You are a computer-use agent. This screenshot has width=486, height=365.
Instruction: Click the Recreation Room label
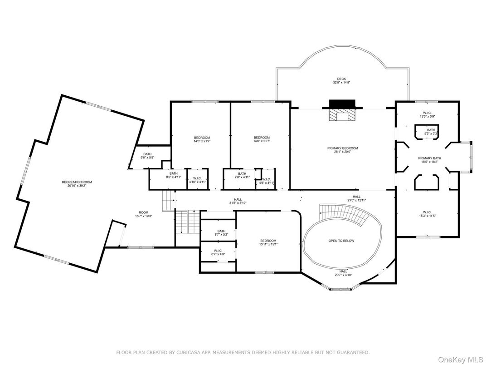77,184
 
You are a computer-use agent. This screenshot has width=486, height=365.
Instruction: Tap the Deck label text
341,81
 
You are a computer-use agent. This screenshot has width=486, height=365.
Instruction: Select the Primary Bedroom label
342,150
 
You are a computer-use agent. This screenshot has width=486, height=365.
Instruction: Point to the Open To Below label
341,241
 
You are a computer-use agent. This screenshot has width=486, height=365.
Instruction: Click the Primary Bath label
429,160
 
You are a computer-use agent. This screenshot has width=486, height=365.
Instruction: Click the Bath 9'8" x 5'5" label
148,156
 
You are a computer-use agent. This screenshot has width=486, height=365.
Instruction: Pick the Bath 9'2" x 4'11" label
174,175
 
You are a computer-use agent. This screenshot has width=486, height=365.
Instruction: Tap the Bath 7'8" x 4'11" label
242,175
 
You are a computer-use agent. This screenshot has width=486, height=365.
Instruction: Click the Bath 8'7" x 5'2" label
221,233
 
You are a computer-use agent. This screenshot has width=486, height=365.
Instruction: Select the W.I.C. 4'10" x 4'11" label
197,180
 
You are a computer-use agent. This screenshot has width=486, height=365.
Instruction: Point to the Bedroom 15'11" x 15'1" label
268,242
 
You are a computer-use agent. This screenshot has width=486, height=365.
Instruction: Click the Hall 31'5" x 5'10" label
238,201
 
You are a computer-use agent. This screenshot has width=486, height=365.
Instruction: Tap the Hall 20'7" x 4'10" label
343,273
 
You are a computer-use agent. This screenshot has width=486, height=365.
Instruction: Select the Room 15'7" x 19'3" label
143,214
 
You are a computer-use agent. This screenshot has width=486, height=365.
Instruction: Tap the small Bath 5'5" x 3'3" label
431,132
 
